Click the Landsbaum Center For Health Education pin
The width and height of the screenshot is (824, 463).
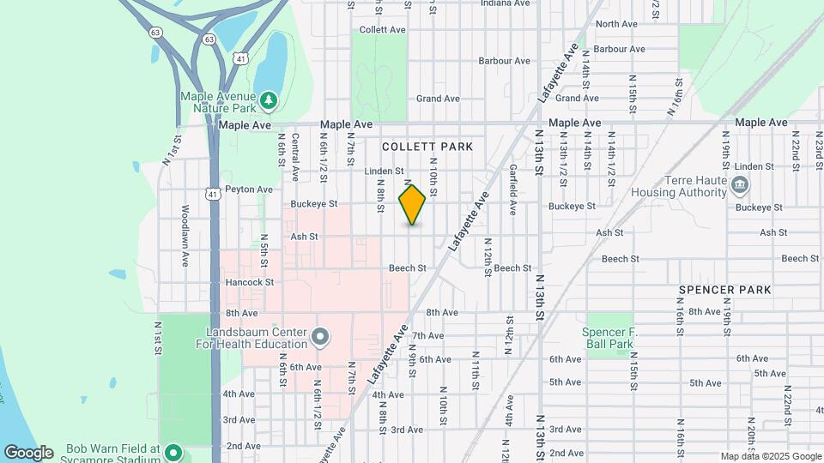320,337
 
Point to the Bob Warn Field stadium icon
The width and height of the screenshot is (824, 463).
173,452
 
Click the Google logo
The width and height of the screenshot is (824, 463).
28,452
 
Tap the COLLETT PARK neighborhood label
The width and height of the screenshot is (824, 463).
427,147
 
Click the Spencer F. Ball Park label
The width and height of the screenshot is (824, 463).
608,338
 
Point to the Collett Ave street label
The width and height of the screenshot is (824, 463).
383,30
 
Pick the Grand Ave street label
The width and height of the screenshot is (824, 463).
438,99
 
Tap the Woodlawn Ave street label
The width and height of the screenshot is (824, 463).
185,235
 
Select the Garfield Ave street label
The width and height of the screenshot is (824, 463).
512,189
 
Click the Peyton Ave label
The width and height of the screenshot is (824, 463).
249,189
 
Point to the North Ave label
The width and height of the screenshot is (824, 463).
616,24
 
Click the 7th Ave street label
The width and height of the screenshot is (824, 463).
427,335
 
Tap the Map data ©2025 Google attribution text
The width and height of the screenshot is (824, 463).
770,456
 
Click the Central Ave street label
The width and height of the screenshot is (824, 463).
294,156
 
